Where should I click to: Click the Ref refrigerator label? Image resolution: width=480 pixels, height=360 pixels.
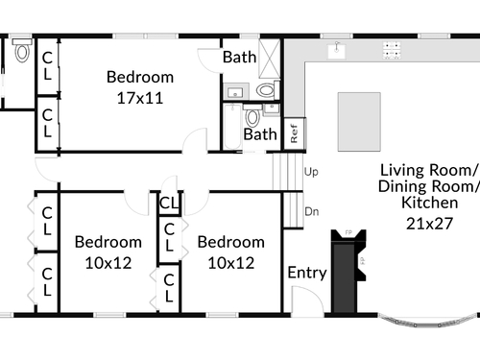coord(294,133)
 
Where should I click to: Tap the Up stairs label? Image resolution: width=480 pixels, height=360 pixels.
coord(311,172)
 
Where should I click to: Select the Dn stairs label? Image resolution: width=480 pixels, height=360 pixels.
coord(312,211)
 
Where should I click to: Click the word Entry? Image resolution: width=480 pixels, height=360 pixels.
coord(307,273)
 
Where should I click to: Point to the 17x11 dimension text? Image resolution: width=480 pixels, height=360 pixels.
coord(140,98)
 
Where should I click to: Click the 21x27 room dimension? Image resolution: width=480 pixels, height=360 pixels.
coord(429,224)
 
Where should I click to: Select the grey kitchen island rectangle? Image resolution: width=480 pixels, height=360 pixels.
coord(359,122)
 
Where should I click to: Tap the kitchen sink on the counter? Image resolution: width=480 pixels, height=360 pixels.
coord(336,51)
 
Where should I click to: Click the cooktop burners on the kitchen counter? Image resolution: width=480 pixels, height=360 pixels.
coord(392,50)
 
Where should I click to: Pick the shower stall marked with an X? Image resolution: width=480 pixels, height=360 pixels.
coord(269,59)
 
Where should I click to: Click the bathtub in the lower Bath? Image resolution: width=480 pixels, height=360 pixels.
coord(232,127)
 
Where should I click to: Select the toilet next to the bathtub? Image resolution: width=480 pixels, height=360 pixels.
coord(252,116)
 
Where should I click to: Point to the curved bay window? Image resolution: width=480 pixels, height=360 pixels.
coord(429,322)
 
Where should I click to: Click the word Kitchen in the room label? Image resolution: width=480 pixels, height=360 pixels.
coord(429,203)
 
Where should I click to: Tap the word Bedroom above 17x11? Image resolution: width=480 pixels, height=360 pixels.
coord(140,77)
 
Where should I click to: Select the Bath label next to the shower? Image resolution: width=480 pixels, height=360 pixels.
coord(239,58)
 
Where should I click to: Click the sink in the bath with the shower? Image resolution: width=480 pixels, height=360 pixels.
coord(235,92)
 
